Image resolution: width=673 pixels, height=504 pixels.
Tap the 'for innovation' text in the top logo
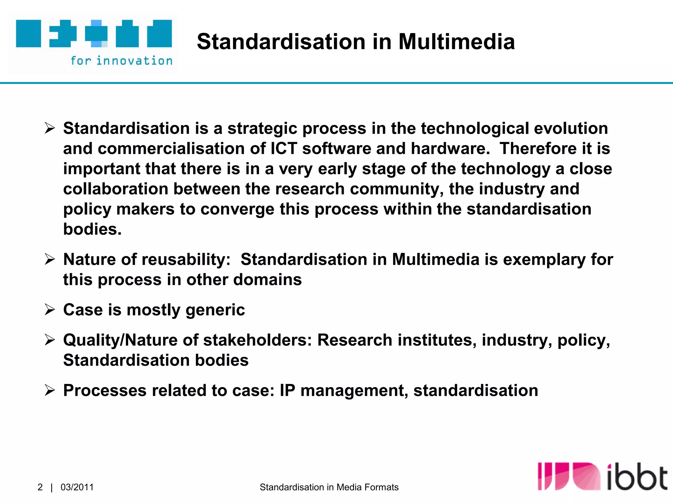(122, 61)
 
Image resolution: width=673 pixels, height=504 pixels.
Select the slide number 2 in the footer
(40, 487)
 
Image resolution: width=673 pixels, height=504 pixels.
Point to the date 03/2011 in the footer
(77, 487)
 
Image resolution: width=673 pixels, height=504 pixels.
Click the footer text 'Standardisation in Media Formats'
(329, 487)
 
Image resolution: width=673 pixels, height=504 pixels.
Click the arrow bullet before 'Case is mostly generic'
(50, 309)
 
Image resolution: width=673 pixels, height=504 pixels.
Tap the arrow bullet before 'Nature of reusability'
(50, 259)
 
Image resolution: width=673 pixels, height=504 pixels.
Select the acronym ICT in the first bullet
(284, 148)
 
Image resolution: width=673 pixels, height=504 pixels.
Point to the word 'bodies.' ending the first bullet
(92, 229)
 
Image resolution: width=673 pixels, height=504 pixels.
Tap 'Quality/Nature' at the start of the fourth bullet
(120, 340)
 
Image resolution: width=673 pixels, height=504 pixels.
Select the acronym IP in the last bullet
(287, 390)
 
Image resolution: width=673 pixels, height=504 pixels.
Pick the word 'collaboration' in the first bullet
(116, 189)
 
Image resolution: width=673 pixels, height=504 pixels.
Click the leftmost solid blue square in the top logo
(29, 33)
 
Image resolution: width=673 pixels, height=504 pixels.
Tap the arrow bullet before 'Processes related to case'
(50, 390)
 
